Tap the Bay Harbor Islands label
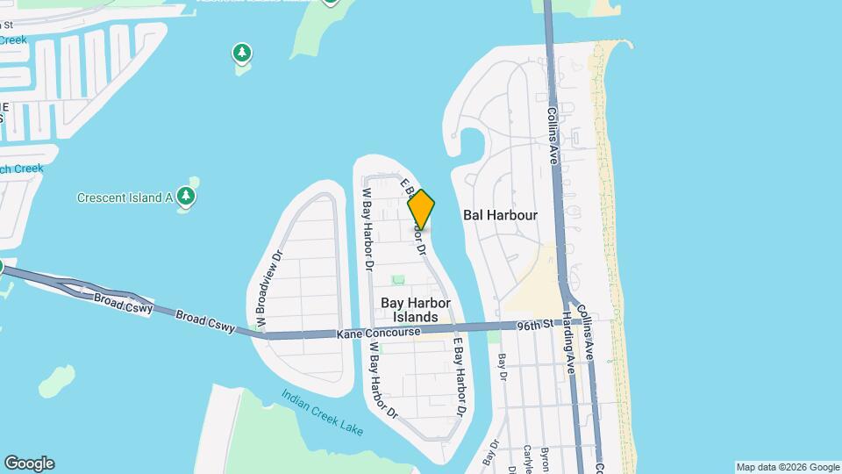[x=416, y=309]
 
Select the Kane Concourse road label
[x=378, y=334]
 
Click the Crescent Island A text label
[x=125, y=197]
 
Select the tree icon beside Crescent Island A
[x=185, y=195]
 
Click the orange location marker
[x=422, y=209]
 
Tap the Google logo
[x=29, y=463]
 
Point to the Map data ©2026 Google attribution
[x=788, y=467]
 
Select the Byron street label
[x=545, y=457]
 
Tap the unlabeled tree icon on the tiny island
[x=242, y=53]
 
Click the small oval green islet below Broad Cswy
[x=59, y=381]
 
